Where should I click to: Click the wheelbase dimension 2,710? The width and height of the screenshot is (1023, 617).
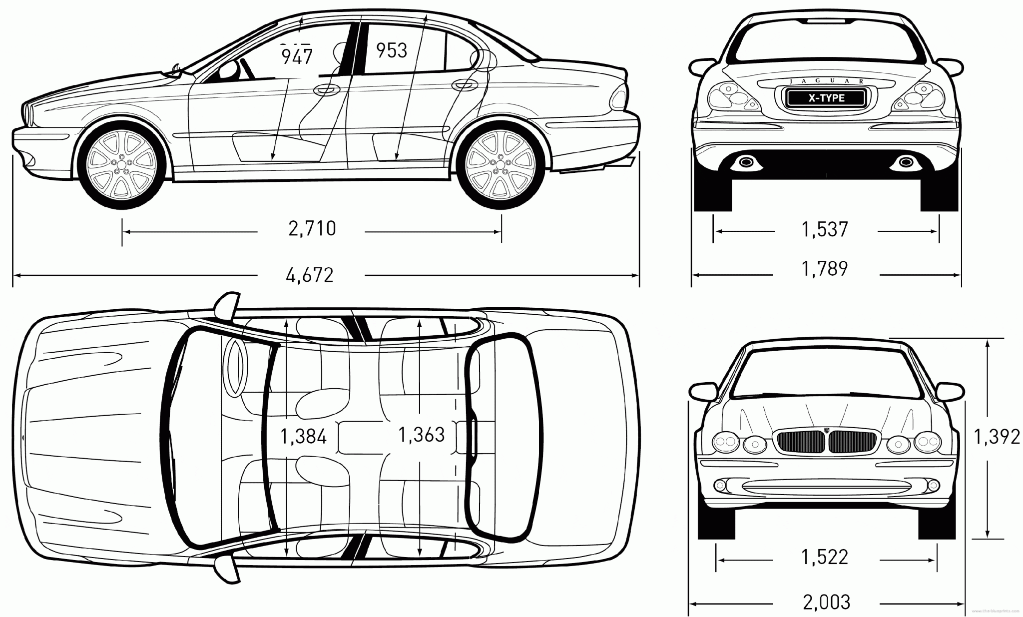click(x=312, y=229)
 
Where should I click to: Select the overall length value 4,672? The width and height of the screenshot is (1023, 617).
click(x=310, y=275)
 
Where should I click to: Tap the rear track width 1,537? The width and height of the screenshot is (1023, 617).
click(x=825, y=230)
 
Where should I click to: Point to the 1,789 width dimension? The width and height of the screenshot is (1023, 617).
click(x=825, y=269)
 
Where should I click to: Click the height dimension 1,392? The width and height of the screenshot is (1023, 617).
click(x=997, y=437)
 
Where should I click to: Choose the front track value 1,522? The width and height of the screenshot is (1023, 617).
click(x=825, y=557)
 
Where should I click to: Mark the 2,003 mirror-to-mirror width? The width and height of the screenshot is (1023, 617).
click(x=827, y=602)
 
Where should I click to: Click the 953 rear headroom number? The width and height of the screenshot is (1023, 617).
click(x=392, y=50)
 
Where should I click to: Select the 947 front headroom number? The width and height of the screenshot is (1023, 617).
click(x=297, y=56)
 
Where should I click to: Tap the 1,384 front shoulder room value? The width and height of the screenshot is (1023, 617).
click(x=304, y=437)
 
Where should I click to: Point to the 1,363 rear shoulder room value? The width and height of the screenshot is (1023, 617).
click(x=422, y=435)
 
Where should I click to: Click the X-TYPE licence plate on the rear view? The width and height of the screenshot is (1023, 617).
click(x=826, y=98)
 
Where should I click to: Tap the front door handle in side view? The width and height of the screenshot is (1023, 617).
click(x=325, y=90)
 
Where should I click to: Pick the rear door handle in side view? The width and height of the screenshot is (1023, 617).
click(x=463, y=85)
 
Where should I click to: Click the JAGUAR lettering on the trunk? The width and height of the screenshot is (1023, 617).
click(x=826, y=81)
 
